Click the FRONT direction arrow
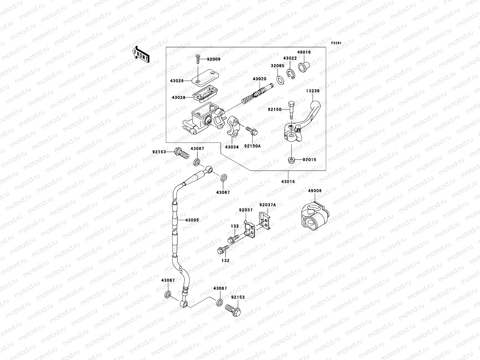click(141, 55)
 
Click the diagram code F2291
click(336, 43)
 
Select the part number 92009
click(214, 59)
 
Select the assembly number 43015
click(288, 181)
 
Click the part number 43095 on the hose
click(192, 220)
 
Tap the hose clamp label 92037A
click(268, 205)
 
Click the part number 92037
click(246, 210)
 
